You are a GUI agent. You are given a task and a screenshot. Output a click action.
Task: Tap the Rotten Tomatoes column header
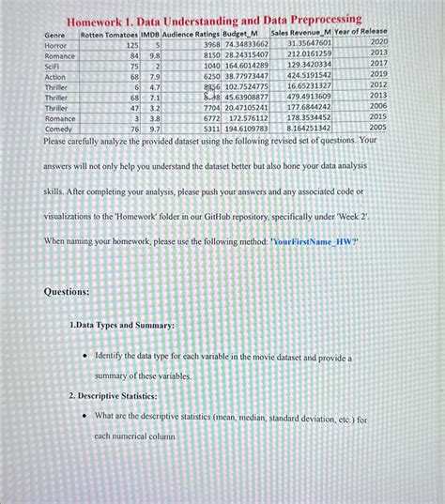(109, 34)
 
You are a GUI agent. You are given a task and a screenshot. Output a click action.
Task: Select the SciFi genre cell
(54, 66)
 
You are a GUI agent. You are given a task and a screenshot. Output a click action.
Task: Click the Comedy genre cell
(59, 130)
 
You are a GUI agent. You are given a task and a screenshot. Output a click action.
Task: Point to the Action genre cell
(55, 76)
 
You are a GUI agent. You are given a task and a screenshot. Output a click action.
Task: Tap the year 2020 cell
(377, 42)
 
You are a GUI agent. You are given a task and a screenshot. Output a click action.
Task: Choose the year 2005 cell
(377, 127)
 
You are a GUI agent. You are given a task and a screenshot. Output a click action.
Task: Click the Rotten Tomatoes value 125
(131, 44)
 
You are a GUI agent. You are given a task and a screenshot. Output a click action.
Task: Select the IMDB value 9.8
(155, 55)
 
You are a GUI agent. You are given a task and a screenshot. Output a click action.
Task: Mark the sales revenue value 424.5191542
(309, 74)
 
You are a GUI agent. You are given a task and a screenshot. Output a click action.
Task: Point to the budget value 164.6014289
(246, 65)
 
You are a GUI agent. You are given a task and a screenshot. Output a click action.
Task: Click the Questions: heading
(67, 291)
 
